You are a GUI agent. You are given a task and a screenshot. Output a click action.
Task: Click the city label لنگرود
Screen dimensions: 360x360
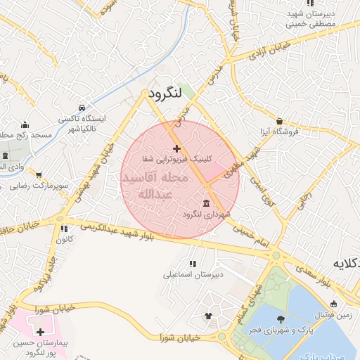click(x=165, y=92)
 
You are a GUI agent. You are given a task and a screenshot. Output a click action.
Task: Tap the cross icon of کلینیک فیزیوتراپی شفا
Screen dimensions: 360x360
click(x=176, y=148)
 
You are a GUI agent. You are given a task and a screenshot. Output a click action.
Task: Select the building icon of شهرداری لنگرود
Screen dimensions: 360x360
click(x=205, y=204)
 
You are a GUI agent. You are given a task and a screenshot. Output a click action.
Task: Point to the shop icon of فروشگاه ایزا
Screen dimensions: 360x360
click(x=280, y=121)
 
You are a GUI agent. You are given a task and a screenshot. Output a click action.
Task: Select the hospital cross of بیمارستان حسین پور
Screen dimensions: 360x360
click(x=40, y=331)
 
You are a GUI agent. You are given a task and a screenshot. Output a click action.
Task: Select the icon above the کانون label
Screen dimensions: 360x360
click(x=64, y=229)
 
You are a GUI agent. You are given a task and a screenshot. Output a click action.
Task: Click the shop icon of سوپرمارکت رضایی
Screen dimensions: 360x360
click(x=38, y=174)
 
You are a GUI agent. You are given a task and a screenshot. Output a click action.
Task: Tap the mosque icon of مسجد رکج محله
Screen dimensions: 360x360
click(x=25, y=124)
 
